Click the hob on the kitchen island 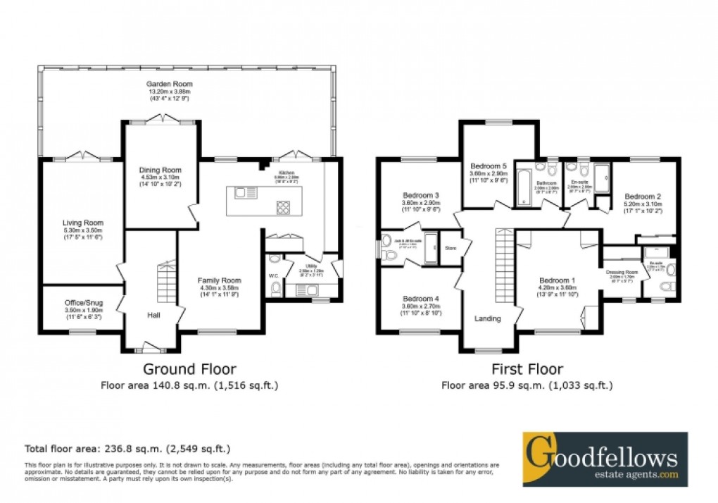[x=284, y=207]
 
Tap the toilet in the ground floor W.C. [x=275, y=289]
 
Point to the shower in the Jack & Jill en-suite [x=429, y=248]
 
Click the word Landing [x=487, y=318]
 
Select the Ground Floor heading [x=189, y=368]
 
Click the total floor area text [x=127, y=448]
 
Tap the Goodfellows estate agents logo [x=605, y=459]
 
